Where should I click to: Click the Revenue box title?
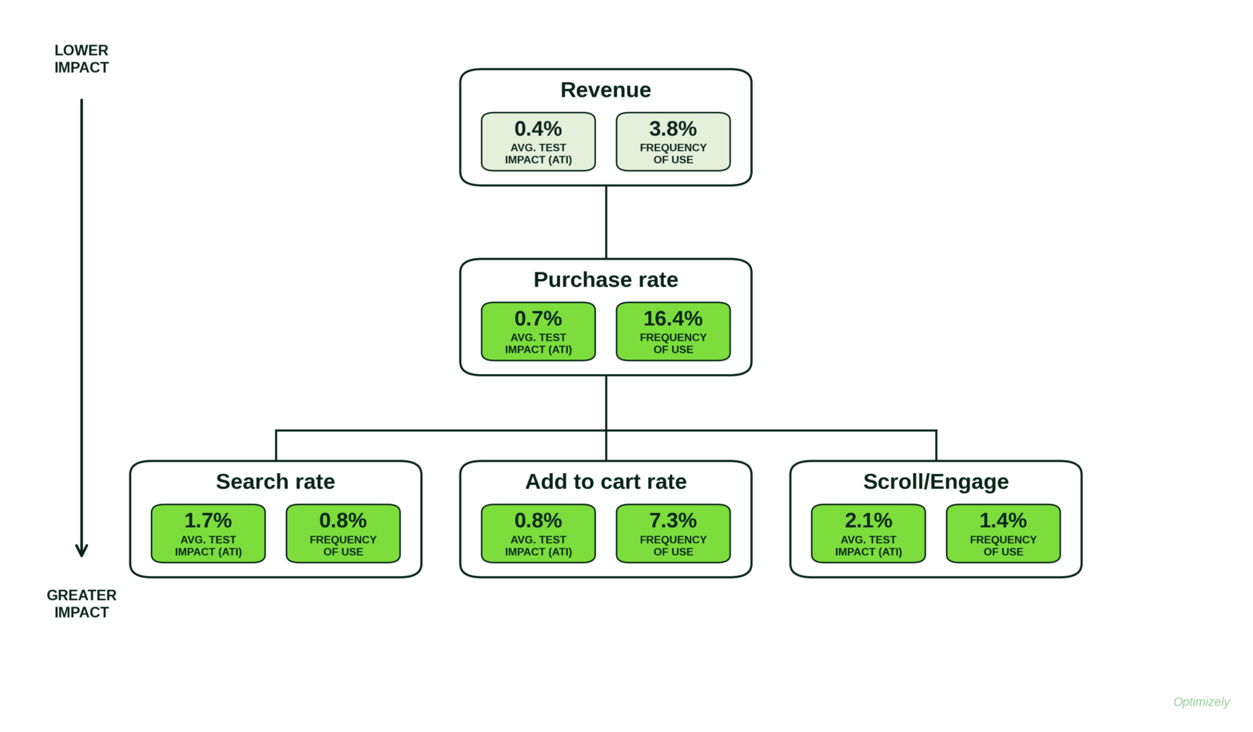click(x=606, y=90)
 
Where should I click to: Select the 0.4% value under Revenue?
click(x=538, y=129)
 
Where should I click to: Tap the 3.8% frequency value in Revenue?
click(x=673, y=129)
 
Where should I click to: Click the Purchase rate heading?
click(x=606, y=280)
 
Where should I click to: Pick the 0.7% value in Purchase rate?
click(x=538, y=318)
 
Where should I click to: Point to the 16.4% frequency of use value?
click(x=673, y=318)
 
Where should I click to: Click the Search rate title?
click(x=275, y=482)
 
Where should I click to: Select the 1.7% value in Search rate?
click(x=208, y=520)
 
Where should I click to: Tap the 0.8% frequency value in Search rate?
click(x=343, y=520)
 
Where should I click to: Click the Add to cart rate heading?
click(x=606, y=482)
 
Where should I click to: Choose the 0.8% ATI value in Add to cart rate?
click(x=538, y=520)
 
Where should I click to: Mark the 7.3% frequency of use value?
click(x=673, y=520)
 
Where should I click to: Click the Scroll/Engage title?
click(x=936, y=482)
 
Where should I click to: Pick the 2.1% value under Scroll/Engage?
click(x=868, y=520)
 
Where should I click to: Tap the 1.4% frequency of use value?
click(x=1003, y=520)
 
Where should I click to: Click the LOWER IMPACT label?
click(x=82, y=58)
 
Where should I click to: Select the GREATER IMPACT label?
click(x=82, y=604)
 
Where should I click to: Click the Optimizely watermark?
click(x=1202, y=702)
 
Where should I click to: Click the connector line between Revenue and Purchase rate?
click(x=606, y=222)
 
